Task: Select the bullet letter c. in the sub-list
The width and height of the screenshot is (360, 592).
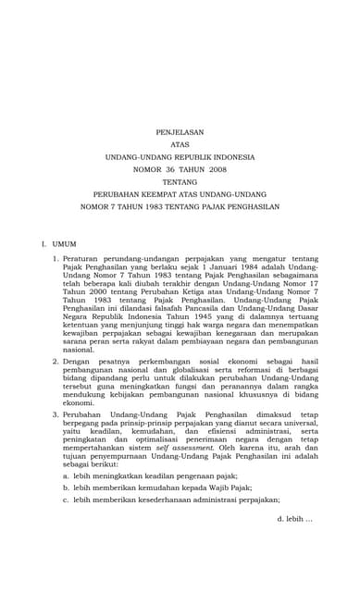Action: click(66, 499)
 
